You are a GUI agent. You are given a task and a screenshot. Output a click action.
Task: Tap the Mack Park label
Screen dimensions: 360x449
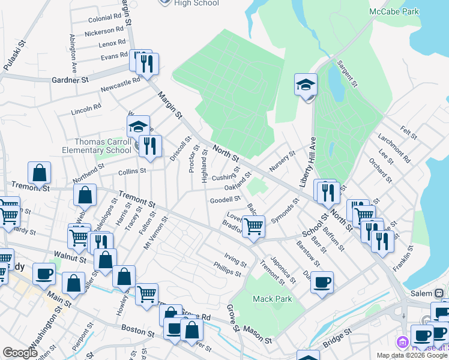[x=267, y=298]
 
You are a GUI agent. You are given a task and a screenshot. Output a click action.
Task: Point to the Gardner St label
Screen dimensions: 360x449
[x=70, y=80]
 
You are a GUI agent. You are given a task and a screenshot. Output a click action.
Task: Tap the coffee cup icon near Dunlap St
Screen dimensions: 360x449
[x=322, y=281]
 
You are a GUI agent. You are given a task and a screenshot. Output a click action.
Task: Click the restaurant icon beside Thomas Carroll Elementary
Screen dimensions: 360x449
[x=150, y=146]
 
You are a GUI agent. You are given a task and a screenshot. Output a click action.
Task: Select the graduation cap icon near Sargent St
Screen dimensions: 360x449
[x=306, y=85]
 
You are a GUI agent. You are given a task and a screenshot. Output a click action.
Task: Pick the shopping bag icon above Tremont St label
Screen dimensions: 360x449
[x=39, y=173]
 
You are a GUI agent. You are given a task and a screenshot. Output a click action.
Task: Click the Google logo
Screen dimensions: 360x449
[x=20, y=353]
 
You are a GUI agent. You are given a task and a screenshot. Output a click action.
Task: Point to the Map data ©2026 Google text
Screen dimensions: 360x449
[x=412, y=355]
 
